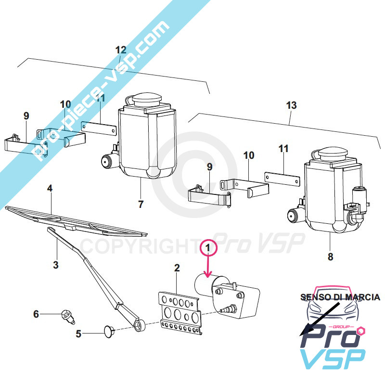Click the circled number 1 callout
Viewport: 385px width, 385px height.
click(x=208, y=248)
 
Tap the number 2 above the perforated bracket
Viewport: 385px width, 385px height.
click(x=177, y=268)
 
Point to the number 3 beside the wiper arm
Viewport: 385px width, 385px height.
click(x=56, y=265)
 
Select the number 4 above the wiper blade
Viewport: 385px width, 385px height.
click(x=50, y=188)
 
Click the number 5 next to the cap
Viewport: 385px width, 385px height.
click(x=78, y=334)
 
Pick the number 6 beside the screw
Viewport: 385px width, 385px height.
click(x=36, y=314)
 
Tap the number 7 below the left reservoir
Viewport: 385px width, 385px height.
click(x=141, y=204)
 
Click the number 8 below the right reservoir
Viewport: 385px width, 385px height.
click(x=331, y=257)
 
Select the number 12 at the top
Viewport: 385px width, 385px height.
click(x=121, y=50)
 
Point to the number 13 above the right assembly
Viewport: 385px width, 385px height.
click(x=292, y=105)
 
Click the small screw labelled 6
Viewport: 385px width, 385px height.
click(x=68, y=317)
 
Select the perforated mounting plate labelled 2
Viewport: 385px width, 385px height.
click(x=180, y=313)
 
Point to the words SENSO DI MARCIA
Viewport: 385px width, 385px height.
click(x=340, y=297)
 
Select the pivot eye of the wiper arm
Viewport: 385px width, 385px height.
click(x=140, y=326)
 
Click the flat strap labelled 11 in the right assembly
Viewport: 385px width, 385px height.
click(x=282, y=179)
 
